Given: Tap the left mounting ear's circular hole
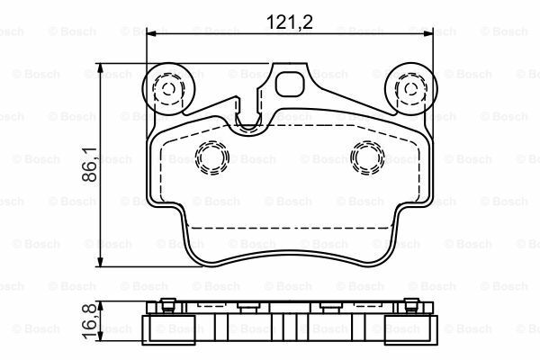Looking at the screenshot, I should click(167, 88).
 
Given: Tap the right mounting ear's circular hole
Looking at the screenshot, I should click(407, 88).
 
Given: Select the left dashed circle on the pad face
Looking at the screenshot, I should click(212, 157).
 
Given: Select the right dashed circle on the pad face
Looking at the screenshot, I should click(366, 157).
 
